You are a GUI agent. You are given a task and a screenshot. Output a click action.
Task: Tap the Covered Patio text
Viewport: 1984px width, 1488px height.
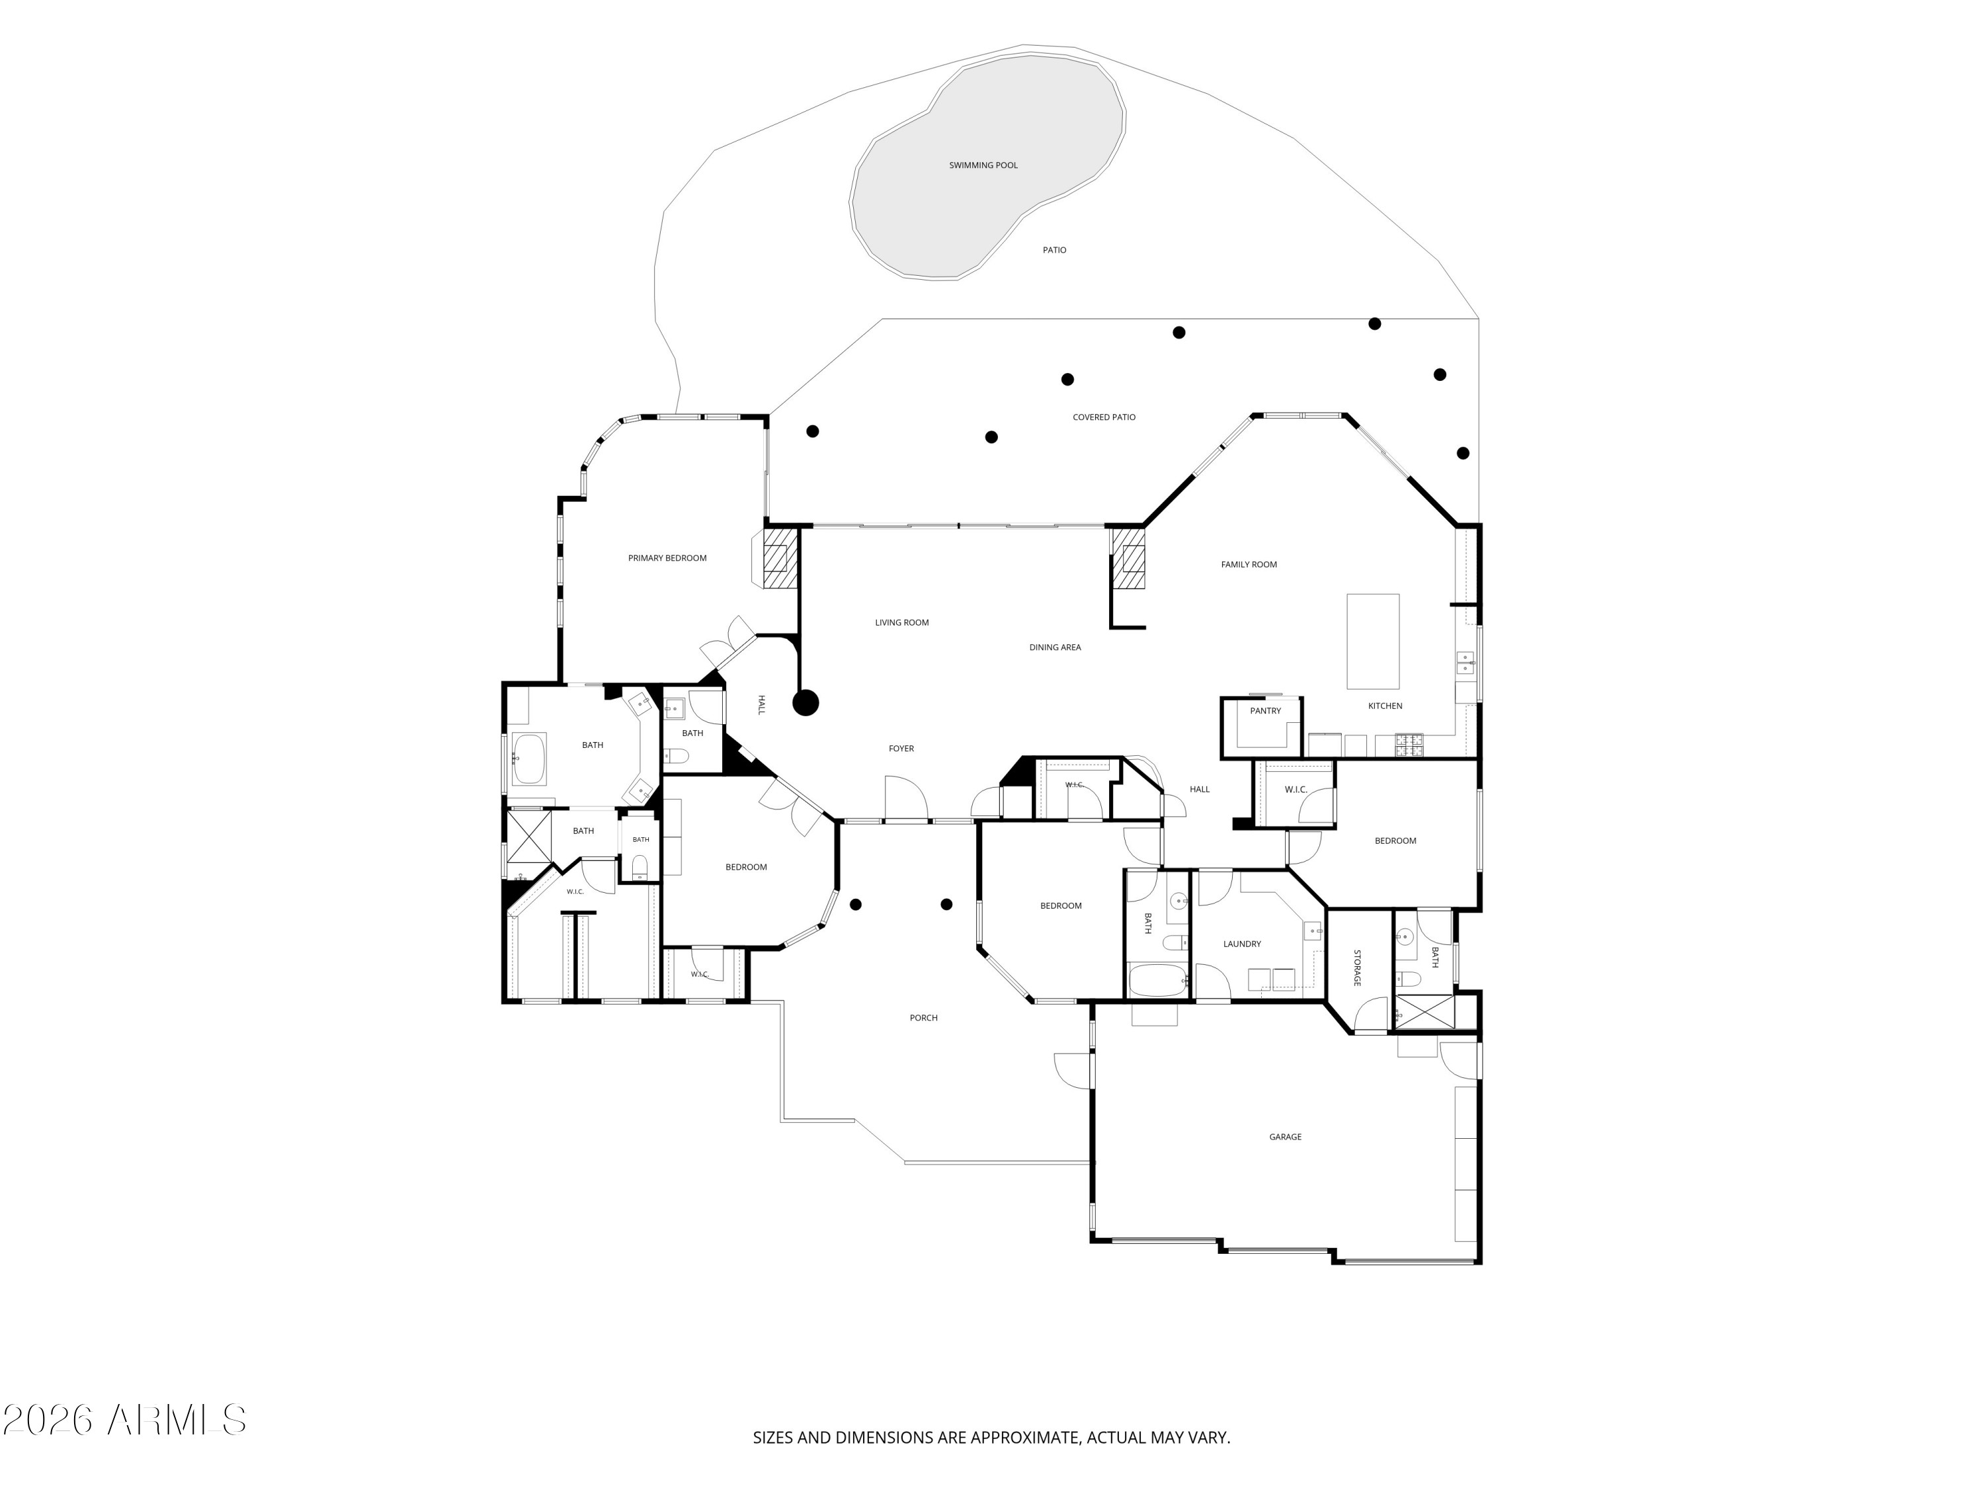click(1104, 417)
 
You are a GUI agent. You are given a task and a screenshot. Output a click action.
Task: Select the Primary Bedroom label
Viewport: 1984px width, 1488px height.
click(667, 558)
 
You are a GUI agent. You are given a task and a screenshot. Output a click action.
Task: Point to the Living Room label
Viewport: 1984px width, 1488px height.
click(901, 622)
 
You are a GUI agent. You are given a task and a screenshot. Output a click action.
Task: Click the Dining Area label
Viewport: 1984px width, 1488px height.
click(1055, 647)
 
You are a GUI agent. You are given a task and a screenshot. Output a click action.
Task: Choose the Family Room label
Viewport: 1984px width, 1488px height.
click(1249, 564)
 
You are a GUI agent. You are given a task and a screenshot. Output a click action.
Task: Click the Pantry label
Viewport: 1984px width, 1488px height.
click(1266, 710)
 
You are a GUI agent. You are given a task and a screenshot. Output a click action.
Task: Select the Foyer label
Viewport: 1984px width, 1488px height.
click(901, 748)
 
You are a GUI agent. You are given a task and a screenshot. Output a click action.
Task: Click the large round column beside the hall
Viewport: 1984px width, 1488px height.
click(806, 702)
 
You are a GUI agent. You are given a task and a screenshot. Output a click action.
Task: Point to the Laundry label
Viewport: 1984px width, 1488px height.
click(1242, 944)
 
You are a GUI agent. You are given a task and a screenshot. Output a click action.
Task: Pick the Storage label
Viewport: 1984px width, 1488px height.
click(1357, 968)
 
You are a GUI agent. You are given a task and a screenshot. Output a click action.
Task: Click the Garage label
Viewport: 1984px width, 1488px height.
click(1285, 1136)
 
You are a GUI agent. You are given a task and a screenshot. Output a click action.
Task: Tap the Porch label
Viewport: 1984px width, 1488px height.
click(924, 1017)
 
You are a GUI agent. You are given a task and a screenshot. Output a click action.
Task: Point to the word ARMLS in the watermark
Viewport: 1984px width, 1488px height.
click(176, 1420)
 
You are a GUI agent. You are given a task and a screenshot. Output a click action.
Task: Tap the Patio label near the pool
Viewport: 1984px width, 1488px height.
click(1055, 250)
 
